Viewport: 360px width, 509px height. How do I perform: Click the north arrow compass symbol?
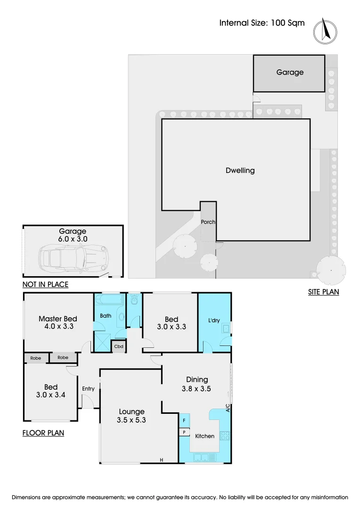tap(325, 31)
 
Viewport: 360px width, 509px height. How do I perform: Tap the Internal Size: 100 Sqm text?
tap(262, 23)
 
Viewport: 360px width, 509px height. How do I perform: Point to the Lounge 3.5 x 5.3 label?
tap(131, 416)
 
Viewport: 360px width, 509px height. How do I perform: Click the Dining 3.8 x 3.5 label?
tap(196, 384)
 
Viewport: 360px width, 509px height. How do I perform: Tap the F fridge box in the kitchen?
tap(184, 419)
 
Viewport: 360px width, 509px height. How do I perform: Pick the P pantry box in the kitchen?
tap(184, 432)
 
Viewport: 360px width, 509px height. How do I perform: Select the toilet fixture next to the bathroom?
tap(135, 300)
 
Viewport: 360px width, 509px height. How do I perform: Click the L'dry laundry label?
tap(214, 320)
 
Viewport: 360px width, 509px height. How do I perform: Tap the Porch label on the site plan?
tap(208, 222)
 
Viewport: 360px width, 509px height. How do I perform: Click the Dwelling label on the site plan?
tap(240, 171)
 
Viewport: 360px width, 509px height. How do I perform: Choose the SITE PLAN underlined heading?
tap(323, 292)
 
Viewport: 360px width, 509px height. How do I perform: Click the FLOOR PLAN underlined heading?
tap(43, 433)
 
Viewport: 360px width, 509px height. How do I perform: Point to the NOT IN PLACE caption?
tap(45, 284)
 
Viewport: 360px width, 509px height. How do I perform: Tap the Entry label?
tap(88, 389)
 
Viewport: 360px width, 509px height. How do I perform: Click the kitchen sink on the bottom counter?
tap(204, 457)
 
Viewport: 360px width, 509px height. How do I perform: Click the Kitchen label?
tap(205, 436)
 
